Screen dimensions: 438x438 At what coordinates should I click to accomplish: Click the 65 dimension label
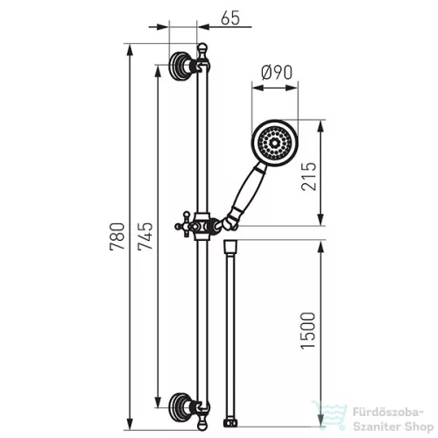[230, 18]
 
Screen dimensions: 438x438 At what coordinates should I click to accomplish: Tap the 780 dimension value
[117, 237]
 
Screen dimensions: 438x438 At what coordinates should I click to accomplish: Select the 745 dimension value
[145, 237]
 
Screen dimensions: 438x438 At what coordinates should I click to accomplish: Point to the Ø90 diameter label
[277, 73]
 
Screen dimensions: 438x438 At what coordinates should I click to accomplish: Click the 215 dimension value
[308, 177]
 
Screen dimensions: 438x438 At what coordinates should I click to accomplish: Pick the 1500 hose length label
[308, 330]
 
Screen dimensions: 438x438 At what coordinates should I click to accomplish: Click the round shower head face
[274, 143]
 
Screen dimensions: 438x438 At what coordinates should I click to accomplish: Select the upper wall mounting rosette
[180, 67]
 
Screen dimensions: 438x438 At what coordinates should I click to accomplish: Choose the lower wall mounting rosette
[180, 407]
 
